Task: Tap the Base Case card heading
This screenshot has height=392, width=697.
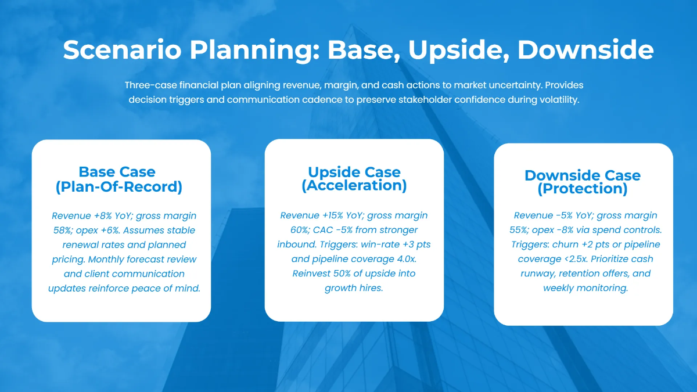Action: coord(117,172)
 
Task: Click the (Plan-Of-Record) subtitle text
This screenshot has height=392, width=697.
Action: coord(119,187)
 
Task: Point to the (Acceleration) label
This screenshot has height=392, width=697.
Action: coord(354,186)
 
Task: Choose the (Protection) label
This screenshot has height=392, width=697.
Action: coord(582,189)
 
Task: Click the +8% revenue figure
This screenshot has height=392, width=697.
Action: coord(101,216)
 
